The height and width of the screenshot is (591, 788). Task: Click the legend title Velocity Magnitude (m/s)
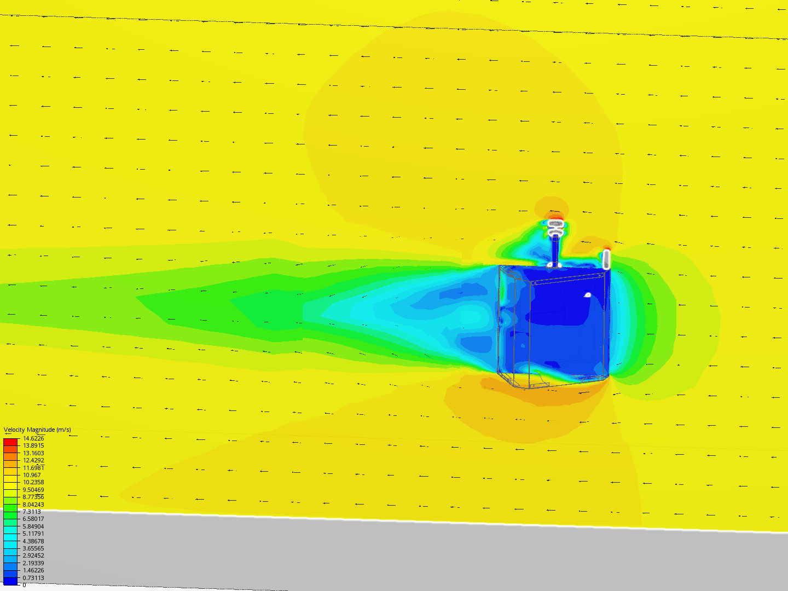pos(37,430)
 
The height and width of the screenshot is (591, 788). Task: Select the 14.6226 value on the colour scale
pos(33,438)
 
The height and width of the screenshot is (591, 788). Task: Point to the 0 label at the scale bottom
pos(25,585)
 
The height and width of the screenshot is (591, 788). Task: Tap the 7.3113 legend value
pos(32,512)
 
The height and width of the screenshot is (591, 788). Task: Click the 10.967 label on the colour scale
pos(32,475)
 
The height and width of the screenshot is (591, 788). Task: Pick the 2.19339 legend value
pos(33,563)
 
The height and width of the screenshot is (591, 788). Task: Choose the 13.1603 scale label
pos(33,453)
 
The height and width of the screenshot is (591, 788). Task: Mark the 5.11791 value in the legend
pos(33,534)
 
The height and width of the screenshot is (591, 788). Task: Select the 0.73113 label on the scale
pos(33,578)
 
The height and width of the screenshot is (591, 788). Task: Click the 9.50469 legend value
pos(33,489)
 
